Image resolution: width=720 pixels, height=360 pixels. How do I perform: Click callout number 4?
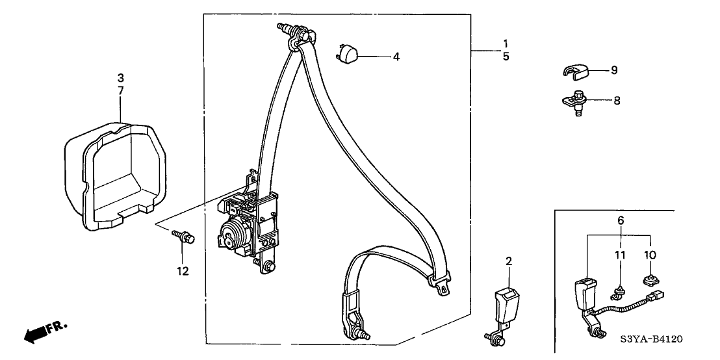[x=396, y=57]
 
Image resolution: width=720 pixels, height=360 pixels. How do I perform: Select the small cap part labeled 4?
[x=348, y=53]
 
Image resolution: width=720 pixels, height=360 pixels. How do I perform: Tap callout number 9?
[x=614, y=71]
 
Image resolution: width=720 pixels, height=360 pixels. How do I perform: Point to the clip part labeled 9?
[x=574, y=71]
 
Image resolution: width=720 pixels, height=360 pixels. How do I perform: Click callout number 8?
[x=616, y=101]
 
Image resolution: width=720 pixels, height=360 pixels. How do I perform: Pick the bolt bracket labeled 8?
[x=574, y=101]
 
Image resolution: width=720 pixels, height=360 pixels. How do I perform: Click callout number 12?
[x=183, y=272]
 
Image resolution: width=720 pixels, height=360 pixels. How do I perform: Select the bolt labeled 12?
[x=183, y=237]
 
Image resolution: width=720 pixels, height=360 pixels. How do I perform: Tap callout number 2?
[x=508, y=262]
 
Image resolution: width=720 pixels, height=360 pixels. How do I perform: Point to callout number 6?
[x=621, y=221]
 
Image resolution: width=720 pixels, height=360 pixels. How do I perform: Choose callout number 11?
[x=621, y=255]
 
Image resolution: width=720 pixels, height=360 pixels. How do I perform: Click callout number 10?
[x=650, y=255]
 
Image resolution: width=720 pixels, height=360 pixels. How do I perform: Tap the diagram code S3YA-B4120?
[x=652, y=339]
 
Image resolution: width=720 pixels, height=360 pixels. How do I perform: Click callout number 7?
[x=121, y=90]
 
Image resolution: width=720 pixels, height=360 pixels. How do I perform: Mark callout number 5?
[x=506, y=57]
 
